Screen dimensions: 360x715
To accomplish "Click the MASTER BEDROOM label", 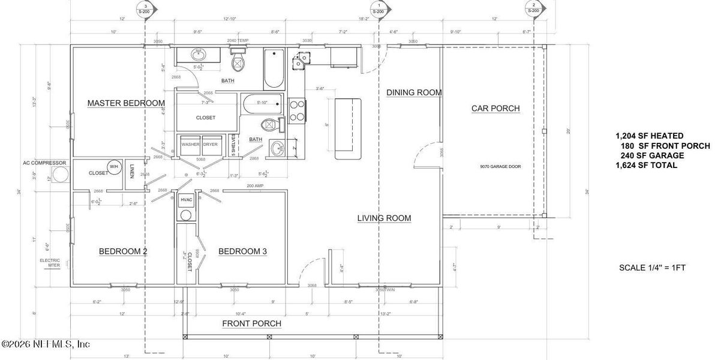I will (126, 103).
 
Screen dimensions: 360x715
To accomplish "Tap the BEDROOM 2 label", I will (123, 251).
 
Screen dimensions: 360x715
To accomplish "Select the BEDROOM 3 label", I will (242, 251).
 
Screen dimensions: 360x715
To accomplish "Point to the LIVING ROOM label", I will (384, 218).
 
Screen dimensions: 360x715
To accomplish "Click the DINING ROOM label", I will (414, 92).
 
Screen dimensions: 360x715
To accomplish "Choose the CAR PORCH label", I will (495, 109).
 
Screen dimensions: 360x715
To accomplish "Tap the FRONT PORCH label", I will (252, 323).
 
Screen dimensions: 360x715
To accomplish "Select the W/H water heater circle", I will (113, 167).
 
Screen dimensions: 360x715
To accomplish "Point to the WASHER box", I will (191, 145).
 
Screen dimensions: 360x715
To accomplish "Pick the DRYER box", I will (210, 145).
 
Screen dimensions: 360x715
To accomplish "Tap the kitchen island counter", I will (349, 128).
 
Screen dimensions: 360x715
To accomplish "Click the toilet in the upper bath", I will (238, 61).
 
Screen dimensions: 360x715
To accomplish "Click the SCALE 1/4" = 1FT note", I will (652, 268).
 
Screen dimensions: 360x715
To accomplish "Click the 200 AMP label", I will (255, 187).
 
